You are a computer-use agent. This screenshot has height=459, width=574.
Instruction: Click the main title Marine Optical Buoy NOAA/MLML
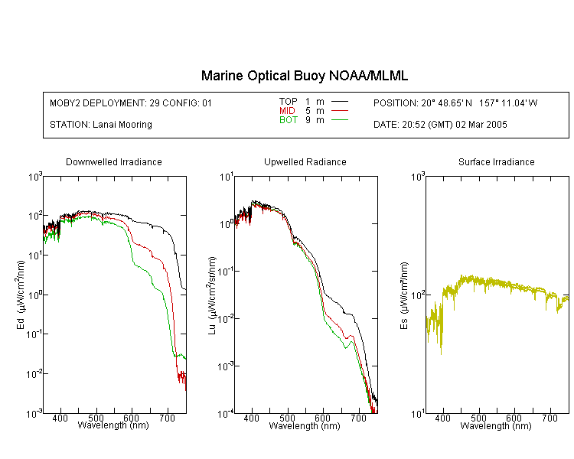tap(304, 76)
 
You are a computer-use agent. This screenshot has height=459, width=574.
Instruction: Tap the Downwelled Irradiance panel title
tap(114, 161)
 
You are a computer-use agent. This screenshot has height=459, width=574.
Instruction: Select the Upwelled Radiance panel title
tap(305, 161)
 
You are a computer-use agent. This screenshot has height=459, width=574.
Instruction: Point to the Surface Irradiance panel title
tap(497, 161)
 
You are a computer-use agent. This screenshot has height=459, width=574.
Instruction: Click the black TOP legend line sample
tap(340, 102)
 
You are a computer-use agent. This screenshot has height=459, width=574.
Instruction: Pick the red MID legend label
tap(287, 110)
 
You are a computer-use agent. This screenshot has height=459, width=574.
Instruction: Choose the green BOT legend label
tap(289, 120)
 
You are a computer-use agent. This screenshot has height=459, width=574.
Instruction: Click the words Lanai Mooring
tap(122, 125)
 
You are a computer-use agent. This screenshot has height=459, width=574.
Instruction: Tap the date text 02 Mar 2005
tap(481, 125)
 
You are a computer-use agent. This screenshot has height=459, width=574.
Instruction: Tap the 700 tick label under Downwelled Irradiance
tap(168, 418)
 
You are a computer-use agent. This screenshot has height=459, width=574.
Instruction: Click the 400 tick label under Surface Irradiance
tap(442, 418)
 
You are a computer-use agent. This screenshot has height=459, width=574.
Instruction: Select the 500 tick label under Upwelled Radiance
tap(287, 418)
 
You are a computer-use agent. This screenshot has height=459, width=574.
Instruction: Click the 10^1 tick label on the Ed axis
tap(35, 255)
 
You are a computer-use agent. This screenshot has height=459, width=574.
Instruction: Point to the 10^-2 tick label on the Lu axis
tap(226, 318)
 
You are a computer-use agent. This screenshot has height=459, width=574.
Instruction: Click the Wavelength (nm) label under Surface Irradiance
tap(496, 425)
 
